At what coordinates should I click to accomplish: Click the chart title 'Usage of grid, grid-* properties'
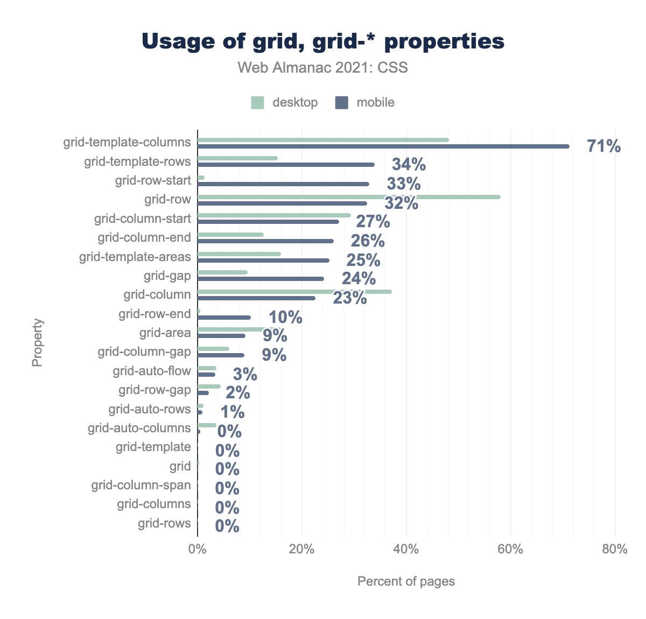tap(323, 41)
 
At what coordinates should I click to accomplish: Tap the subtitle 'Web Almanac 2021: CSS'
tap(323, 68)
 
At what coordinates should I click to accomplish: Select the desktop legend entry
tap(285, 102)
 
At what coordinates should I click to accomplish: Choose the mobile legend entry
tap(365, 102)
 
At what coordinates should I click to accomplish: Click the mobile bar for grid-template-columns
tap(383, 146)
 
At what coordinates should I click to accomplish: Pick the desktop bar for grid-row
tap(349, 197)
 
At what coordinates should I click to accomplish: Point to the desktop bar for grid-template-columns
tap(323, 140)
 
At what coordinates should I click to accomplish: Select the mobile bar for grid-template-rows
tap(286, 165)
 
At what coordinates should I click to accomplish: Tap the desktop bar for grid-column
tap(294, 292)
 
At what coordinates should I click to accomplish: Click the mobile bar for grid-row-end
tap(224, 318)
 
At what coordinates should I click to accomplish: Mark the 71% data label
tap(604, 146)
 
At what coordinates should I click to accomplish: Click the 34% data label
tap(409, 165)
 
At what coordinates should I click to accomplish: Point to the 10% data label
tap(285, 318)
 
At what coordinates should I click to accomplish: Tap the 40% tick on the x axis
tap(406, 550)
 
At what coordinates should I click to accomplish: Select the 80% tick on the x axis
tap(615, 550)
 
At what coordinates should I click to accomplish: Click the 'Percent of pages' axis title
tap(406, 581)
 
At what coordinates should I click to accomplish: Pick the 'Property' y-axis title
tap(37, 343)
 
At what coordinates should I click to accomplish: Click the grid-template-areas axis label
tap(135, 257)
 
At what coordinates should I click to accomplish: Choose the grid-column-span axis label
tap(141, 486)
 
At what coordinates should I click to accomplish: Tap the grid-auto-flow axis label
tap(152, 371)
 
